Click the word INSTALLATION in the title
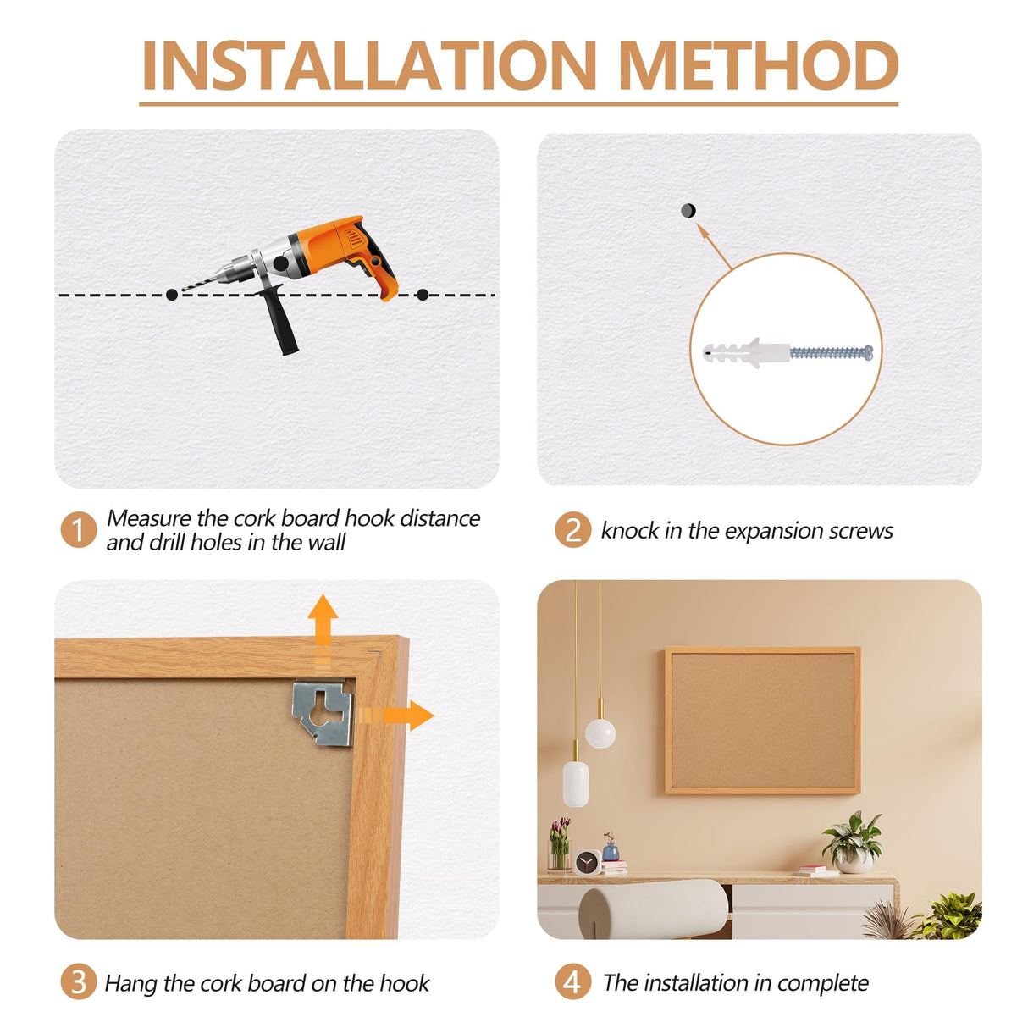369,65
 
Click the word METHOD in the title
758,65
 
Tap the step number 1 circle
79,530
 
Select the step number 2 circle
573,530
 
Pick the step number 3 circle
79,982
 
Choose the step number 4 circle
573,982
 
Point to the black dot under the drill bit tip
172,295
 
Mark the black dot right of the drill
423,295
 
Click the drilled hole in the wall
688,210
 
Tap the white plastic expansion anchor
746,352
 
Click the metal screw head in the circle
869,352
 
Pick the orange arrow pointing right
395,716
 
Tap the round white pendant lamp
600,733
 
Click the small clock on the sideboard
588,863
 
